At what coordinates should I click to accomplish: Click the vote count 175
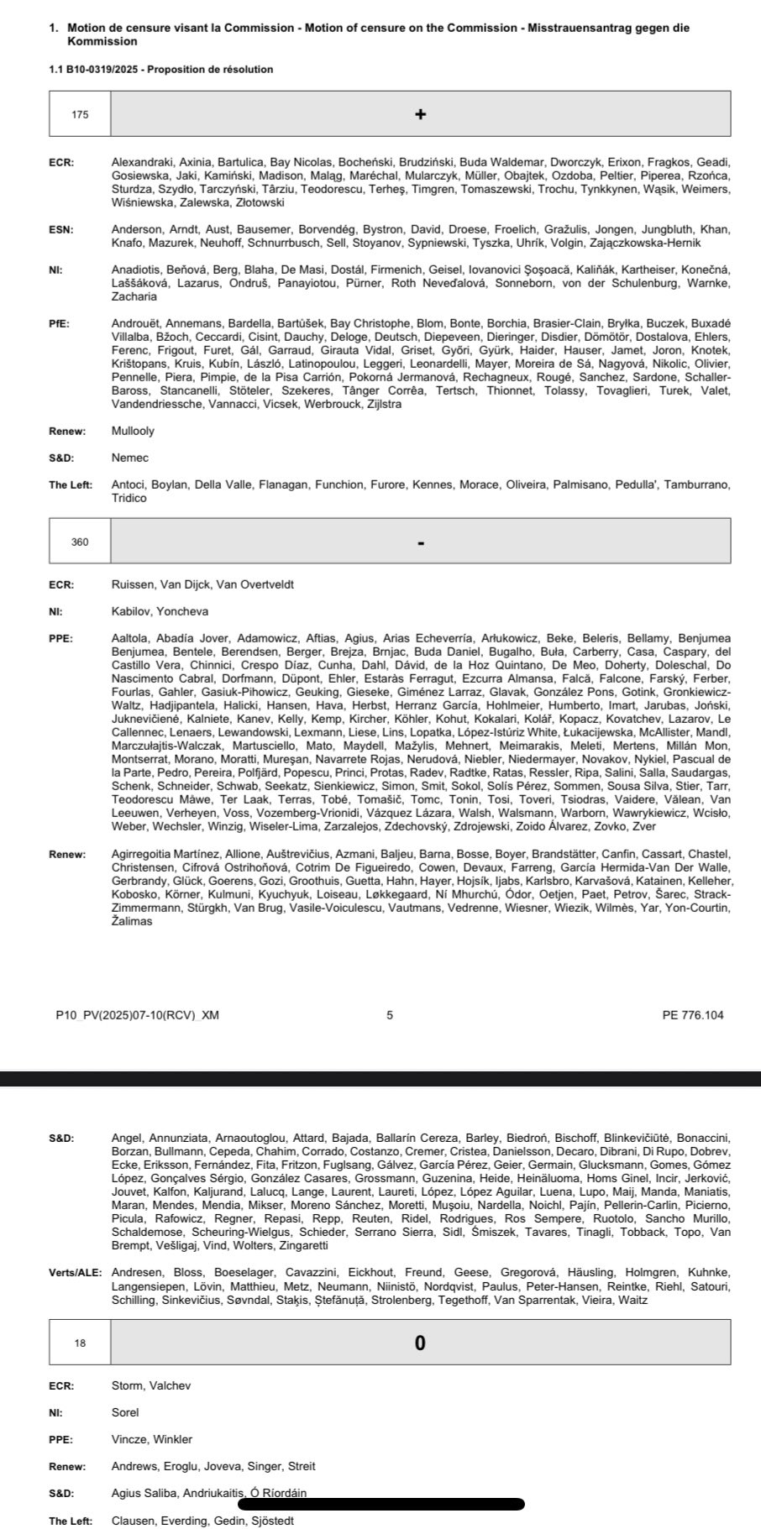[80, 114]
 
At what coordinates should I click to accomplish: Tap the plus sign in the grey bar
[421, 114]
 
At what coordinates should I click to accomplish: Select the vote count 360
[80, 542]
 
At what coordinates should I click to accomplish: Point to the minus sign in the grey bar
[421, 542]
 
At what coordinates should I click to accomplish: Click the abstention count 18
[80, 1343]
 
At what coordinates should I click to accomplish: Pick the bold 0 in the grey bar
[421, 1343]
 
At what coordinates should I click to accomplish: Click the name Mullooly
[133, 431]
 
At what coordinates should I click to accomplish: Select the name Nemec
[129, 458]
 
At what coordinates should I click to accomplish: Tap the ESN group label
[60, 229]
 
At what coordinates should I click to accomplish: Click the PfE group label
[60, 323]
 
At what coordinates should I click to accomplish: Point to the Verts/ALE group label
[75, 1272]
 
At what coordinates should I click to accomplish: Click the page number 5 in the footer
[390, 1014]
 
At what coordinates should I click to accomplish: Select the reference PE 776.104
[692, 1014]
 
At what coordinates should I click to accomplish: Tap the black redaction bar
[381, 1504]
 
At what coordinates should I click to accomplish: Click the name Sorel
[125, 1412]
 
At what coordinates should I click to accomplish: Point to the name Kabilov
[131, 611]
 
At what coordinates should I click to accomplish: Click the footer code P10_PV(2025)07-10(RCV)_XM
[137, 1014]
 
